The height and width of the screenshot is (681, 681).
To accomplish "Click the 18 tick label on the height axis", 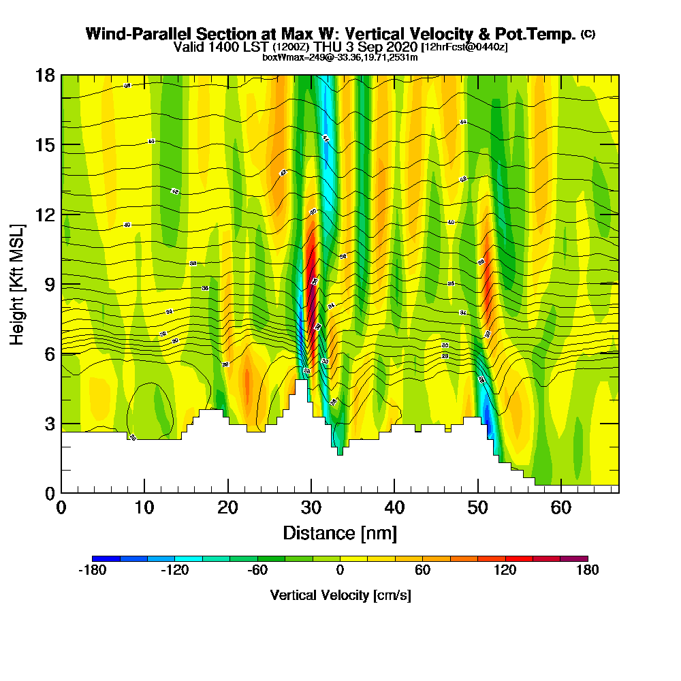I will coord(46,76).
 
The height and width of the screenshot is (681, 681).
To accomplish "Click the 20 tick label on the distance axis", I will coord(227,508).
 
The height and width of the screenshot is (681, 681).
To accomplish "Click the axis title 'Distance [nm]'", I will coord(340,533).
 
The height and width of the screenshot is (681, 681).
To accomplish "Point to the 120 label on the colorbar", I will coord(505,571).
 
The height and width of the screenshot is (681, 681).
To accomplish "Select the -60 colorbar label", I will coord(257,571).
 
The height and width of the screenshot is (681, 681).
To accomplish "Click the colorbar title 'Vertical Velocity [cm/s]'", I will coord(340,595).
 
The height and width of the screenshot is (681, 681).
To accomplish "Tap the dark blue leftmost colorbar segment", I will coord(106,558).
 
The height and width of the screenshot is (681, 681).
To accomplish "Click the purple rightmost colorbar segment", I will coord(573,558).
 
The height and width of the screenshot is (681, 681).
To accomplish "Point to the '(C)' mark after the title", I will coord(587,34).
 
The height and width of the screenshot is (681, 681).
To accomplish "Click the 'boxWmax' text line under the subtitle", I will coord(340,57).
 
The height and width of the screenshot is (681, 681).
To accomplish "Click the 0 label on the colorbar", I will coord(340,571).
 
